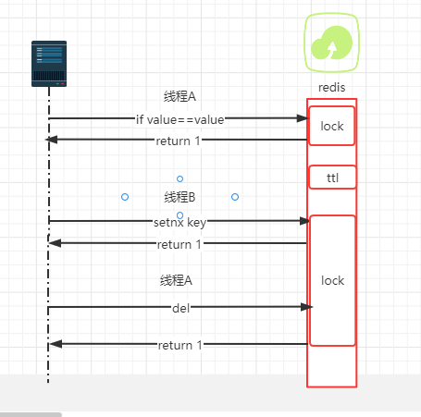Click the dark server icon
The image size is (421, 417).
pos(49,64)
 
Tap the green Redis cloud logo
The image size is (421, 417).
pos(331,43)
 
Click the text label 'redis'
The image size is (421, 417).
pos(332,88)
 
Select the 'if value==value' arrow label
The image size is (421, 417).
pos(180,119)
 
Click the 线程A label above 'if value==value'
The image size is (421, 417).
pos(180,96)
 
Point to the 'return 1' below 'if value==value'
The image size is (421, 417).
pos(178,141)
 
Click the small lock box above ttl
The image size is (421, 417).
pos(332,126)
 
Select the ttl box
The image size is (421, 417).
pos(332,178)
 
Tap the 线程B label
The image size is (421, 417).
pos(180,197)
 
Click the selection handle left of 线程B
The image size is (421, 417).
pos(125,197)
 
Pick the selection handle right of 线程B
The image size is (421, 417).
pos(235,197)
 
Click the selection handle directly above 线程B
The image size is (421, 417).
pos(180,178)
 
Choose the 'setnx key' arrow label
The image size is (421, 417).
pos(180,222)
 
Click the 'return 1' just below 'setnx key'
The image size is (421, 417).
pos(180,244)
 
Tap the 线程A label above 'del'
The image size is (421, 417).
pos(176,280)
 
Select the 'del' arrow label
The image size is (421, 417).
pos(181,308)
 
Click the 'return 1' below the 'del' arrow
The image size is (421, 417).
pos(180,345)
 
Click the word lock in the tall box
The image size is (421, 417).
pos(332,280)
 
